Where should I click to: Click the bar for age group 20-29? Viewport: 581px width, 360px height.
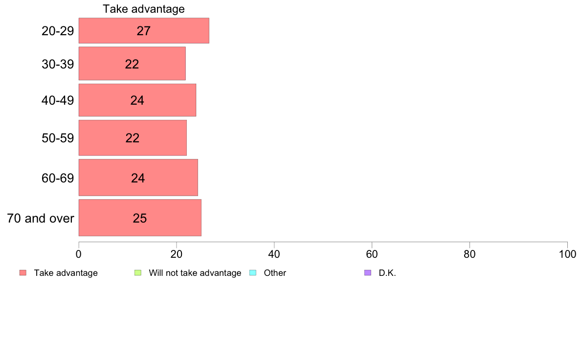(x=144, y=30)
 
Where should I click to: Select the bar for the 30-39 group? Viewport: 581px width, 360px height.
(x=132, y=64)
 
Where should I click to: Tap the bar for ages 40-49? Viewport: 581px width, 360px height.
(x=137, y=100)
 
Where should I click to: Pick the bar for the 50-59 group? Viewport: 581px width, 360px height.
(x=133, y=137)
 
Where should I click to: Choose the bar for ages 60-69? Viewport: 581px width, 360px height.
(x=138, y=178)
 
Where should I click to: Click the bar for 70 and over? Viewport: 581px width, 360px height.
(x=140, y=218)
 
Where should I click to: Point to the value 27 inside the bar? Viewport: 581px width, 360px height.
(x=143, y=31)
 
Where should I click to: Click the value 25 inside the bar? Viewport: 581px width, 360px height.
(x=140, y=218)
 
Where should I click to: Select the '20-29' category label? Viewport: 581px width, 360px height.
(x=58, y=31)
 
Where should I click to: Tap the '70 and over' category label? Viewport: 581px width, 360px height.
(x=41, y=218)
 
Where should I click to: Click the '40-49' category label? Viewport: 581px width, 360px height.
(x=58, y=100)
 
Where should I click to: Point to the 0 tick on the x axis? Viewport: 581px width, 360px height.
(x=79, y=254)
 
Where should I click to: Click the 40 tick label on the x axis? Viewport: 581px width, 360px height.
(x=274, y=254)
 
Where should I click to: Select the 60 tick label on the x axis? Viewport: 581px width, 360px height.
(x=372, y=254)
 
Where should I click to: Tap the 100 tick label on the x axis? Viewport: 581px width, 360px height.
(x=567, y=254)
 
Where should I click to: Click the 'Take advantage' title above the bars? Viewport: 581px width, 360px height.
(x=144, y=9)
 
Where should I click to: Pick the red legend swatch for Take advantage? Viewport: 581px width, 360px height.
(x=23, y=273)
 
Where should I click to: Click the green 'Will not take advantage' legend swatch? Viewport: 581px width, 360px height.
(x=138, y=273)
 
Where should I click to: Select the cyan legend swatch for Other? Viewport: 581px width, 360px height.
(x=253, y=273)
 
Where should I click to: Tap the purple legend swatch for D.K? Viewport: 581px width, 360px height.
(x=368, y=273)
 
